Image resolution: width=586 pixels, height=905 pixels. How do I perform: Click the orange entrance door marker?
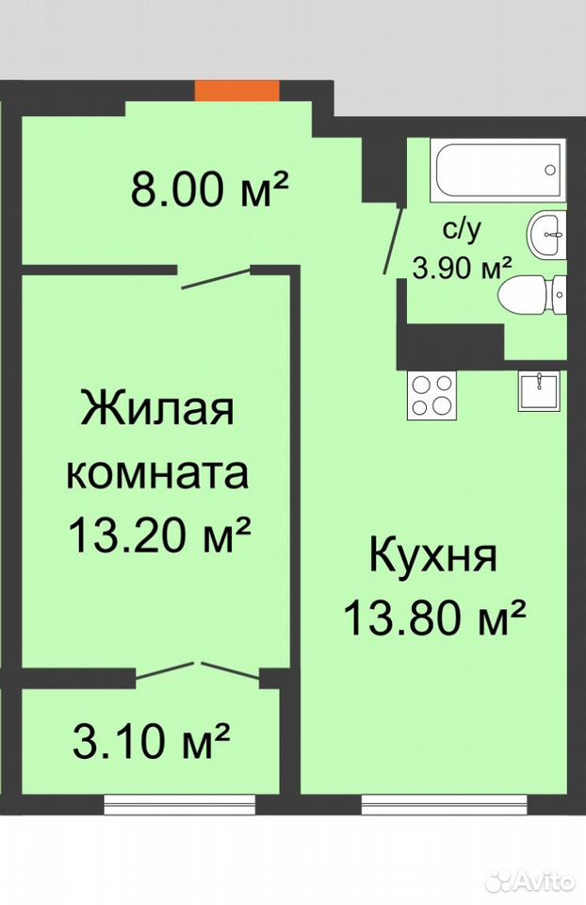click(x=236, y=90)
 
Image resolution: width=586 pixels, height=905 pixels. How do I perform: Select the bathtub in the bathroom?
click(x=498, y=170)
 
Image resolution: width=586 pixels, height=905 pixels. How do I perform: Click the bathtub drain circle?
click(x=550, y=170)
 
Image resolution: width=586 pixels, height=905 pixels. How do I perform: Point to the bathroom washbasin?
click(x=546, y=235)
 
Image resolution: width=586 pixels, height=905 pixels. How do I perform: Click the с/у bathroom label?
click(x=462, y=231)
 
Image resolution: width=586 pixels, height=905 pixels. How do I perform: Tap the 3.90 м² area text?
click(x=462, y=267)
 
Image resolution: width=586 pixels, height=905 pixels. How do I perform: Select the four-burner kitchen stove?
click(x=431, y=395)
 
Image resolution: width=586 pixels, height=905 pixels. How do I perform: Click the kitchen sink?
click(x=539, y=391)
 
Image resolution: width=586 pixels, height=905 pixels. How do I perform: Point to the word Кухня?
click(x=432, y=554)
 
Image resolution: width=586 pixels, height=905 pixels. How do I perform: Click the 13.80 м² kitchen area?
click(x=435, y=616)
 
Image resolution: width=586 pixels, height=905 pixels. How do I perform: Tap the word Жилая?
click(x=157, y=407)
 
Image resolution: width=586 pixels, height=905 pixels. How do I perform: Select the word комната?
click(x=158, y=472)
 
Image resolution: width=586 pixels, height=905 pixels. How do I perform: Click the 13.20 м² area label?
click(x=159, y=534)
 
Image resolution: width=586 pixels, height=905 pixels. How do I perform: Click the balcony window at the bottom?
click(x=181, y=804)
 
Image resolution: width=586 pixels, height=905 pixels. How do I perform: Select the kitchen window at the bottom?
click(x=445, y=804)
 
